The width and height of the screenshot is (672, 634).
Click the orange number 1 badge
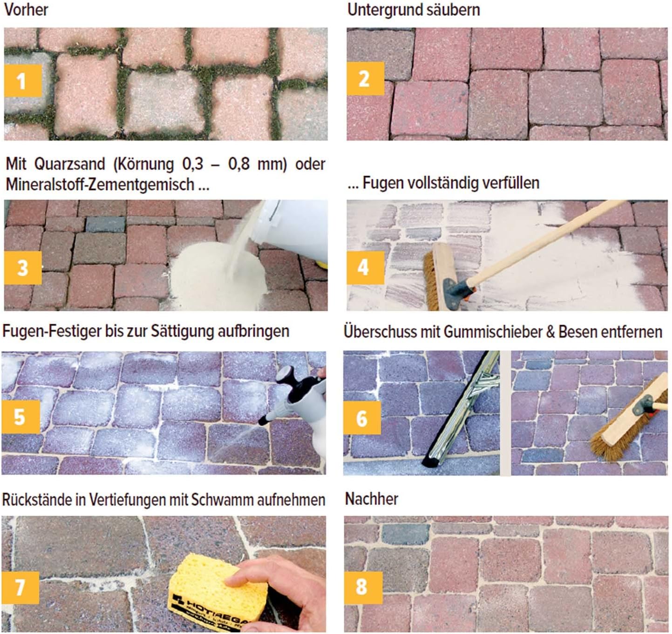tap(23, 81)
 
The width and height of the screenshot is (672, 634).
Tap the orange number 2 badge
tap(366, 78)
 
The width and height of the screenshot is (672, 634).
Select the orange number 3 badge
tap(23, 268)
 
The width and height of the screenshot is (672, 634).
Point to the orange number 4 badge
tap(366, 268)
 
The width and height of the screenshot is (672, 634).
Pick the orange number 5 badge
tap(20, 417)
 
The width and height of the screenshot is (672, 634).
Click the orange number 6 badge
tap(362, 418)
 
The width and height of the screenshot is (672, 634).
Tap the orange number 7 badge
tap(20, 587)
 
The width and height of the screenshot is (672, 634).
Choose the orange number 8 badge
tap(363, 587)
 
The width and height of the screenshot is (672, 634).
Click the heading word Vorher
tap(26, 9)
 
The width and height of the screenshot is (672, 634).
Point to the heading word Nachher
tap(372, 498)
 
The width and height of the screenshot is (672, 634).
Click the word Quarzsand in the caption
tap(70, 164)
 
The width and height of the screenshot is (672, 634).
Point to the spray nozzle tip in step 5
tap(262, 422)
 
